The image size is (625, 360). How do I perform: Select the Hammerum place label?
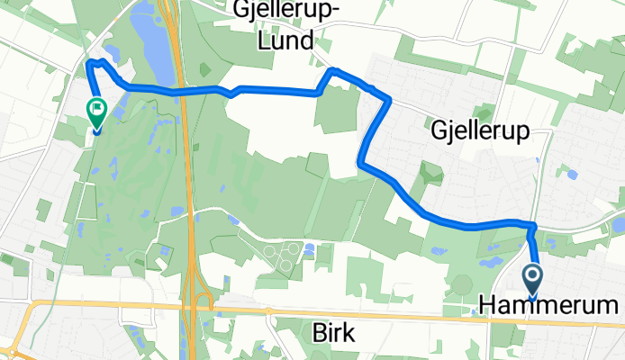(x=552, y=307)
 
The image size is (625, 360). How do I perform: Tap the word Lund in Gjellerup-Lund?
(x=281, y=40)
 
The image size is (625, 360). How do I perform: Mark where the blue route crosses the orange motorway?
(x=182, y=92)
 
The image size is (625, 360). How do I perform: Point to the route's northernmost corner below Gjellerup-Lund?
(x=332, y=69)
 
